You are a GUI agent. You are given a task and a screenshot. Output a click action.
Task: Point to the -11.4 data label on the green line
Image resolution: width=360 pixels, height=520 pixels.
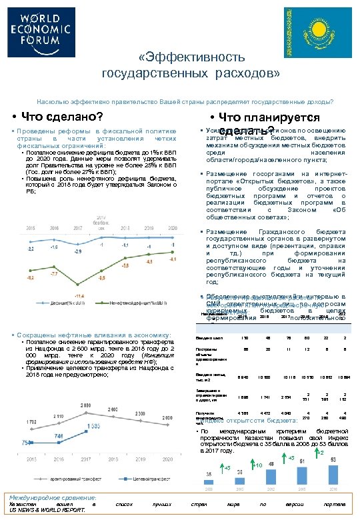pos(79,295)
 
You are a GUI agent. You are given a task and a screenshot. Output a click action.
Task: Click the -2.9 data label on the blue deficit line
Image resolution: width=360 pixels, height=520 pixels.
pos(78,252)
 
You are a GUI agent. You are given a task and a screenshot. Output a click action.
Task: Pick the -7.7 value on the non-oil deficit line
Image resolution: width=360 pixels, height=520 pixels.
pos(55,273)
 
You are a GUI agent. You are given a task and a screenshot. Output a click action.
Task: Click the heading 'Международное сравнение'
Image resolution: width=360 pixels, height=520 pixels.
pos(53,498)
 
